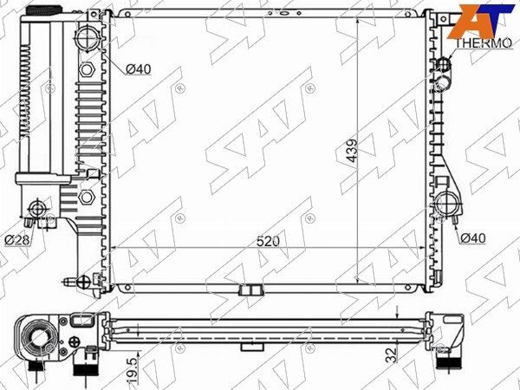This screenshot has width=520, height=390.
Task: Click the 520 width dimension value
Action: coord(268,241)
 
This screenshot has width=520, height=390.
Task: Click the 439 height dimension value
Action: coord(352,150)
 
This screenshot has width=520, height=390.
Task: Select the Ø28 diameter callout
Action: coord(17,240)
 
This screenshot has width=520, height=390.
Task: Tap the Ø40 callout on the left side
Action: coord(139,69)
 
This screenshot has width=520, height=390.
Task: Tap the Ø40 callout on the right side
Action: coord(473,237)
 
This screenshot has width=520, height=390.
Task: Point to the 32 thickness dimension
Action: coord(393,354)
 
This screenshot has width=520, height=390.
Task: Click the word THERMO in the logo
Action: coord(484,43)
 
